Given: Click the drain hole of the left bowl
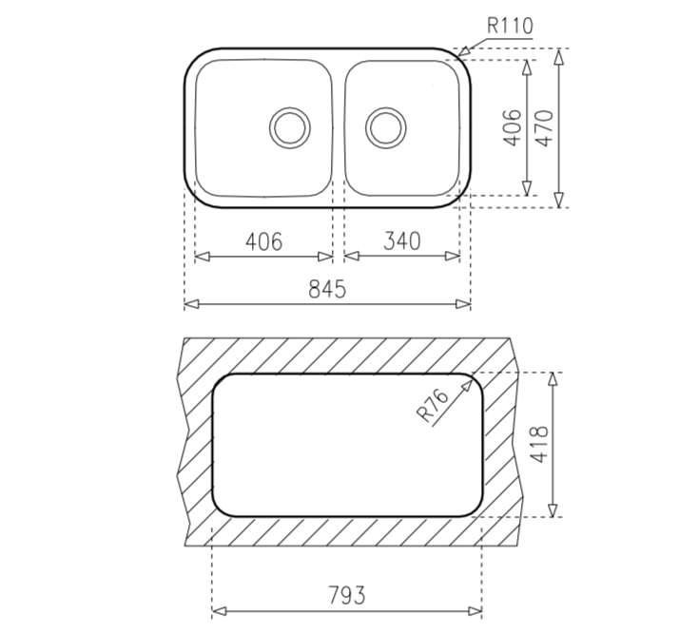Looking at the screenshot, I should pos(289,126).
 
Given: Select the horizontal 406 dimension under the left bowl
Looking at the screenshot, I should pos(263,241).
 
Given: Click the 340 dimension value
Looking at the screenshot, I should pos(401,241).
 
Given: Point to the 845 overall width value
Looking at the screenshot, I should pos(327,290).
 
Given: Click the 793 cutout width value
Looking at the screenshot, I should pos(347,596).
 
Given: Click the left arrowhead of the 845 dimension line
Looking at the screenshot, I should pos(189,304).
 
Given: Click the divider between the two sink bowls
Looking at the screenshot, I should pos(337,127).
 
